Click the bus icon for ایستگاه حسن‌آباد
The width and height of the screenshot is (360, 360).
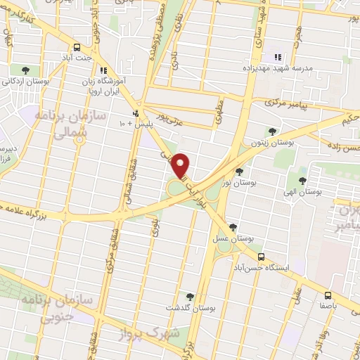coord(262,257)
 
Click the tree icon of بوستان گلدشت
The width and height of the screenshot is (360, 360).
coord(189,297)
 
